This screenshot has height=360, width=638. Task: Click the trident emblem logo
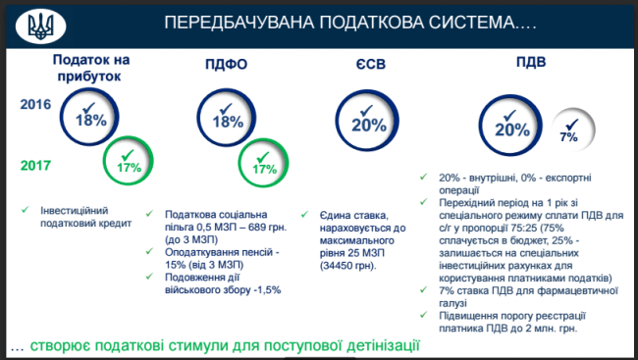coord(40,26)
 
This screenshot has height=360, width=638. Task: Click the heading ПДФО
coord(226,65)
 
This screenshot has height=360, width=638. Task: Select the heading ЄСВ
coord(370,64)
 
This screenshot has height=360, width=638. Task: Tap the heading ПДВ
coord(531,62)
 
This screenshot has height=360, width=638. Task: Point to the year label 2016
coord(35,104)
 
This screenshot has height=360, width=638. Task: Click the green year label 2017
coord(35,166)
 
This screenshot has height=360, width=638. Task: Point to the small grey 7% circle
coord(573,129)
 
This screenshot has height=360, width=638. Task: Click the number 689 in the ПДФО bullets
coord(257,227)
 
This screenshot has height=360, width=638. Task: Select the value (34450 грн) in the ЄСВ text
coord(347,266)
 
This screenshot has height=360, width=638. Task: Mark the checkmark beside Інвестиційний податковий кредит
coord(26,210)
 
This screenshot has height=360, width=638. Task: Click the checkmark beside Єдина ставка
coord(304,214)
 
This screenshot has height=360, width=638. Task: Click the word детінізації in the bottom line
coord(383,345)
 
